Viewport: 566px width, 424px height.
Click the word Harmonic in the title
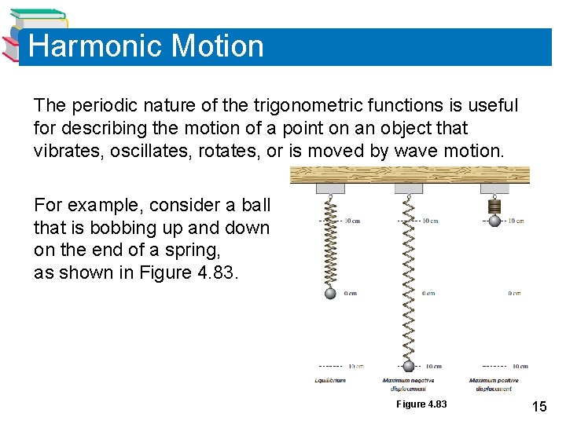tap(94, 46)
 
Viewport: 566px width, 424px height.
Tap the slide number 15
tap(539, 406)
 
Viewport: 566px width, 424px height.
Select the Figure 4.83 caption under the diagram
tap(421, 404)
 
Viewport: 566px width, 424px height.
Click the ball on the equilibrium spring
tap(330, 293)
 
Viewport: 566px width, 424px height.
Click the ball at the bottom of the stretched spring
tap(409, 366)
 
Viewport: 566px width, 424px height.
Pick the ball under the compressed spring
tap(494, 221)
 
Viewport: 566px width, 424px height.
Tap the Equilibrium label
tap(330, 381)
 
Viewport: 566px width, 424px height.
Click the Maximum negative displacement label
tap(409, 385)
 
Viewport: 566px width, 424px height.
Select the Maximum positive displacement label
tap(494, 385)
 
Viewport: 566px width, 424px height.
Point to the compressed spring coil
tap(494, 207)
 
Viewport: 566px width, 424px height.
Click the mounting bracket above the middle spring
tap(408, 188)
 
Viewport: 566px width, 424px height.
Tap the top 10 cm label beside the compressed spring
tap(516, 221)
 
